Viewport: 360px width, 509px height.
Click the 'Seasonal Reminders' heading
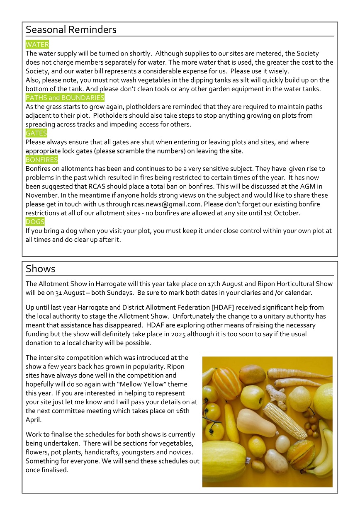click(71, 30)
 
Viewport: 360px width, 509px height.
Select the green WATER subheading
click(37, 45)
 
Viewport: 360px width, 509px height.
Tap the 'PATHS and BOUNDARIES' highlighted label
click(65, 98)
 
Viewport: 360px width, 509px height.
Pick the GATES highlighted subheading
click(36, 133)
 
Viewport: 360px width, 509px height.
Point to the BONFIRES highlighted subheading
click(42, 160)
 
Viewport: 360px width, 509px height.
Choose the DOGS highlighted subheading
click(35, 222)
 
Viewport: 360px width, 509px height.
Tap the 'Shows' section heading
click(40, 269)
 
